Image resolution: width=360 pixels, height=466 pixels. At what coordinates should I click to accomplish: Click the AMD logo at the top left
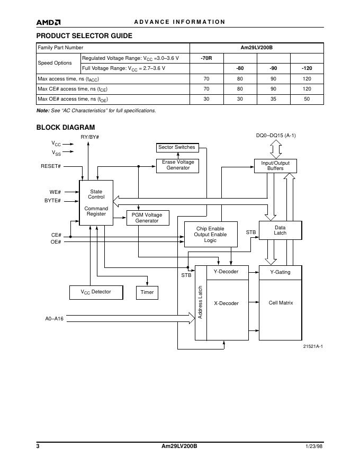point(48,22)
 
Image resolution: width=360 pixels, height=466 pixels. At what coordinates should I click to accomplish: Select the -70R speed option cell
point(206,58)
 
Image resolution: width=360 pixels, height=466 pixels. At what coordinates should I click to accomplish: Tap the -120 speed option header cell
point(307,68)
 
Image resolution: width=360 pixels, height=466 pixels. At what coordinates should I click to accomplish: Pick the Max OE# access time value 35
point(273,99)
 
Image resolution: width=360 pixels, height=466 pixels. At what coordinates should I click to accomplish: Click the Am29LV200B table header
point(256,48)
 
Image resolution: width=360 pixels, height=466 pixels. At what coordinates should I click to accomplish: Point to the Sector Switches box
point(177,147)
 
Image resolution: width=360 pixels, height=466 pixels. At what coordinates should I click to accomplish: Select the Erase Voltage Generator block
point(177,165)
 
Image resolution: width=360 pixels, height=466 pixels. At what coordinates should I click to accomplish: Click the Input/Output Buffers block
point(275,166)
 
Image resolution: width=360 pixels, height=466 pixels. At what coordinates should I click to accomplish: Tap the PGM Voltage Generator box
point(147,218)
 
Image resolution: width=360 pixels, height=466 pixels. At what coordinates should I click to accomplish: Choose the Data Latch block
point(280,230)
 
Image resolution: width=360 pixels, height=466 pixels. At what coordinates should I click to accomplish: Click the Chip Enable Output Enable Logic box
point(210,235)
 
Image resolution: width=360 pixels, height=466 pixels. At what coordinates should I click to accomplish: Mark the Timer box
point(147,292)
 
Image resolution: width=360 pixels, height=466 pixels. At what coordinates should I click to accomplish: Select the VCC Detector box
point(96,292)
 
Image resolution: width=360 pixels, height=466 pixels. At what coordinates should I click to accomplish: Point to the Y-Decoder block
point(226,272)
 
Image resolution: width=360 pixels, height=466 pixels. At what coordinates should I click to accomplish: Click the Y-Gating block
point(280,272)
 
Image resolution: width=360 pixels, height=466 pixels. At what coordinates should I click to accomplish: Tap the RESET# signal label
point(51,166)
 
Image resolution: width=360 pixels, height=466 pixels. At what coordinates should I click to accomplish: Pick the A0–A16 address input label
point(54,319)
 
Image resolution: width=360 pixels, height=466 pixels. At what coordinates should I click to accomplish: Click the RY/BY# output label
point(89,137)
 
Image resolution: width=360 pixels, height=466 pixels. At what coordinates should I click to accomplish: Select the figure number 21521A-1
point(313,346)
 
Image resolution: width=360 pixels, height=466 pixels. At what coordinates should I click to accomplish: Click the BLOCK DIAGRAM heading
point(66,127)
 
